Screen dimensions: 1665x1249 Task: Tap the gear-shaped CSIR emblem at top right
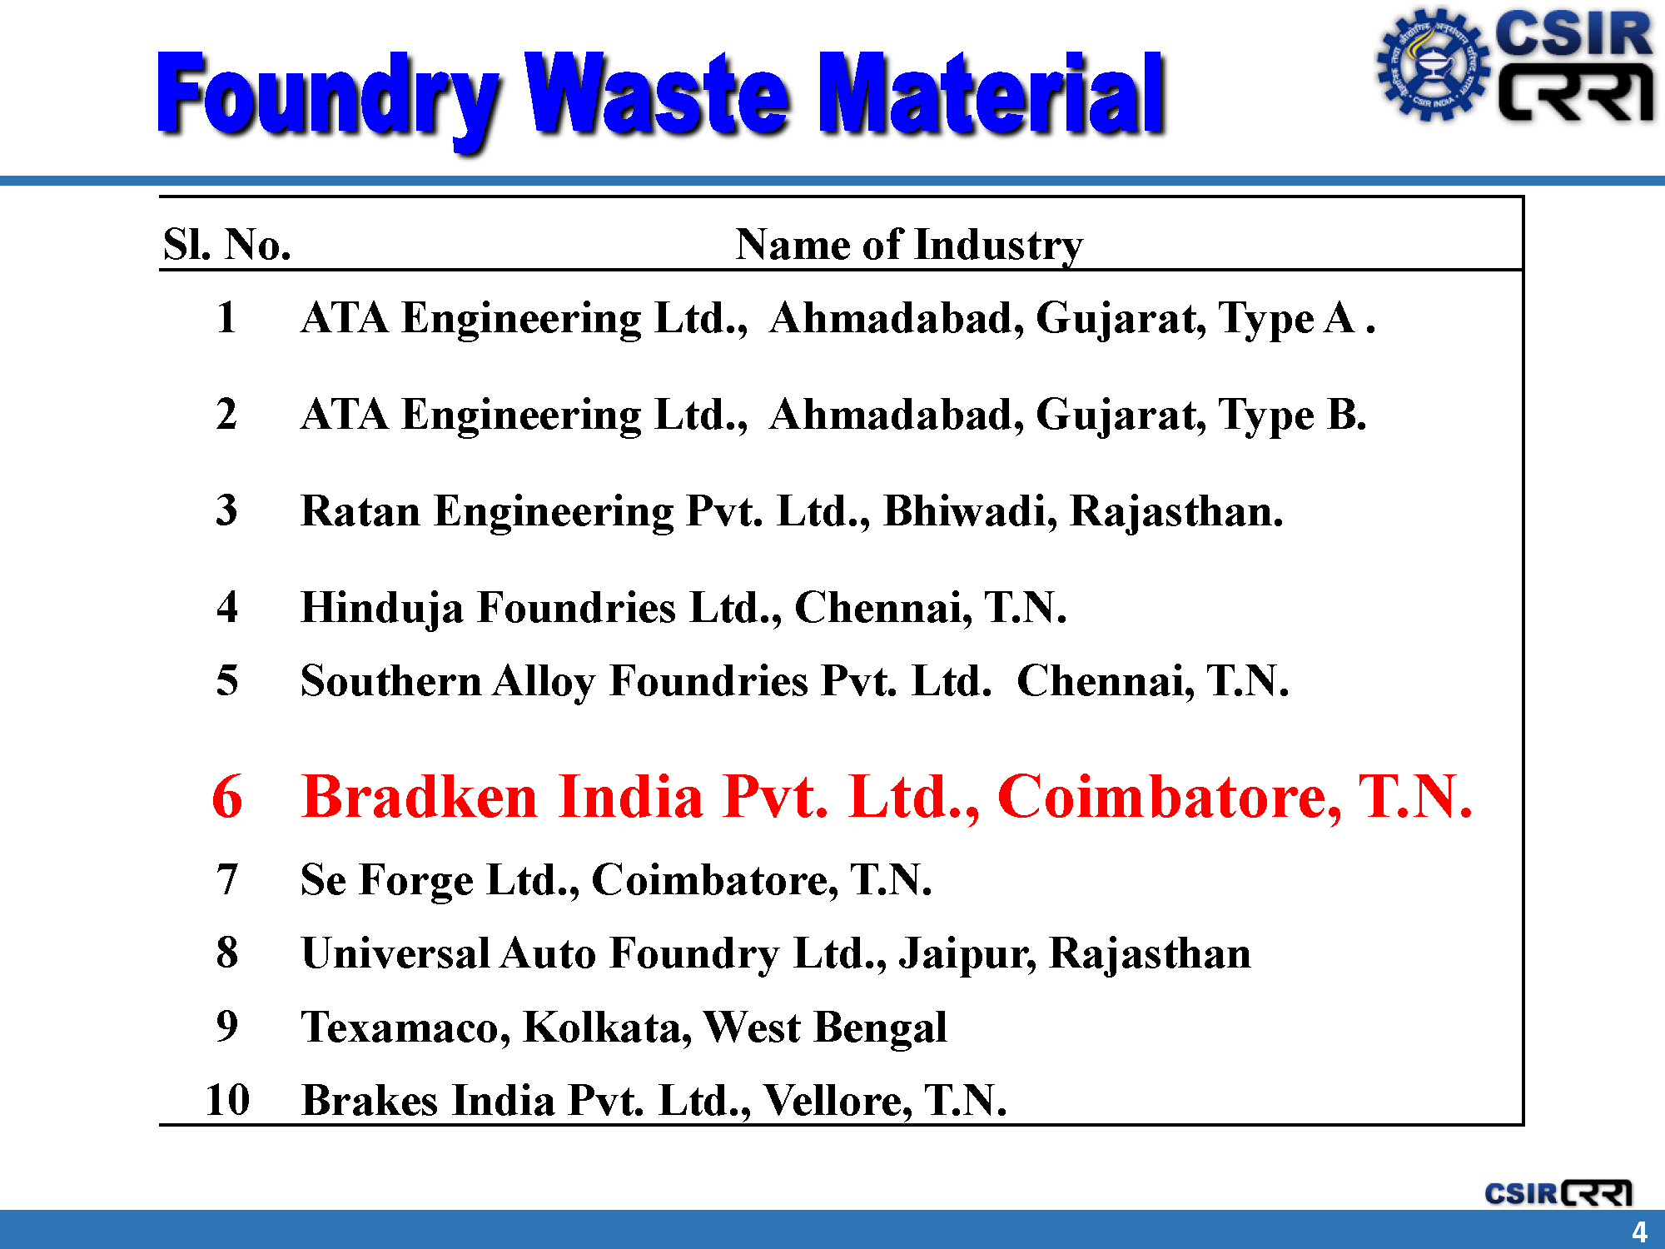1432,64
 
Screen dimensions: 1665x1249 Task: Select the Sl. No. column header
227,245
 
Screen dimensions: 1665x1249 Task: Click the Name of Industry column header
909,245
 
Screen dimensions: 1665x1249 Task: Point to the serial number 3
226,510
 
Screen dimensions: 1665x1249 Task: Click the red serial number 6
227,796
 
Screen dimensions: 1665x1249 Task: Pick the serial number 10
227,1099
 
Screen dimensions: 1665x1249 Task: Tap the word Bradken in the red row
420,796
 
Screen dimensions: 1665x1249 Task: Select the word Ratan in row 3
360,510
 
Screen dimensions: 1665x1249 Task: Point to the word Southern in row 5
391,680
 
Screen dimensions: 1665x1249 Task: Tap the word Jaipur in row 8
967,954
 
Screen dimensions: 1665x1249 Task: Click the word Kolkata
608,1027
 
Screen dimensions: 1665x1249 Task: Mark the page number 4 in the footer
1639,1232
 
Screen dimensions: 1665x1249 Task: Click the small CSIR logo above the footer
1558,1192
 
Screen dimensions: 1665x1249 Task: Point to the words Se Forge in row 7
387,880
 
